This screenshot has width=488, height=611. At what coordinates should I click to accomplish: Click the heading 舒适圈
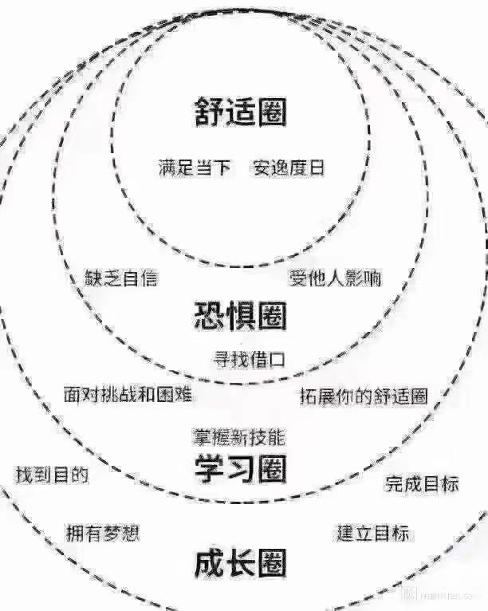tap(240, 112)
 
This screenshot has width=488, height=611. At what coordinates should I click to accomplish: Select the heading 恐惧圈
tap(240, 317)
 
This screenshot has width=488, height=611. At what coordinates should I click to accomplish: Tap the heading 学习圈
tap(240, 469)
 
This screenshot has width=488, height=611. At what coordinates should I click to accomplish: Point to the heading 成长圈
tap(240, 565)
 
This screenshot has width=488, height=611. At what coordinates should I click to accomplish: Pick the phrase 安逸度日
tap(289, 168)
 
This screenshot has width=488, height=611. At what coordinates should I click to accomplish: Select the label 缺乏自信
tap(121, 278)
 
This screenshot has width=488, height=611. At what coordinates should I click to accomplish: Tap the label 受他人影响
tap(335, 278)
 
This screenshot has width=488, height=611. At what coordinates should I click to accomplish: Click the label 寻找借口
tap(249, 359)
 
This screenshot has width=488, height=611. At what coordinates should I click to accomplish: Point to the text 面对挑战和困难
tap(128, 394)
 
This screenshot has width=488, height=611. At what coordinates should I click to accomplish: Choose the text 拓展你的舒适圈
tap(364, 396)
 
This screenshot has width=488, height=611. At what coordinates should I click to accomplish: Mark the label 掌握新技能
tap(239, 437)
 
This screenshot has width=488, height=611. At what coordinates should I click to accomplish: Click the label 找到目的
tap(52, 475)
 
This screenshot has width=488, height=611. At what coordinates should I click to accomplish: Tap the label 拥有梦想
tap(102, 533)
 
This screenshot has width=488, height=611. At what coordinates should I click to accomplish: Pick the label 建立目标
tap(373, 533)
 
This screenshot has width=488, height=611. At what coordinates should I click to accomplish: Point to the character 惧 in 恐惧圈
tap(240, 317)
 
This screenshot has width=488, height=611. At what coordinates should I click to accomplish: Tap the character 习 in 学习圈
tap(240, 469)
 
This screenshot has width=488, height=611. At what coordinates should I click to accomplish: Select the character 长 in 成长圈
tap(240, 565)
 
